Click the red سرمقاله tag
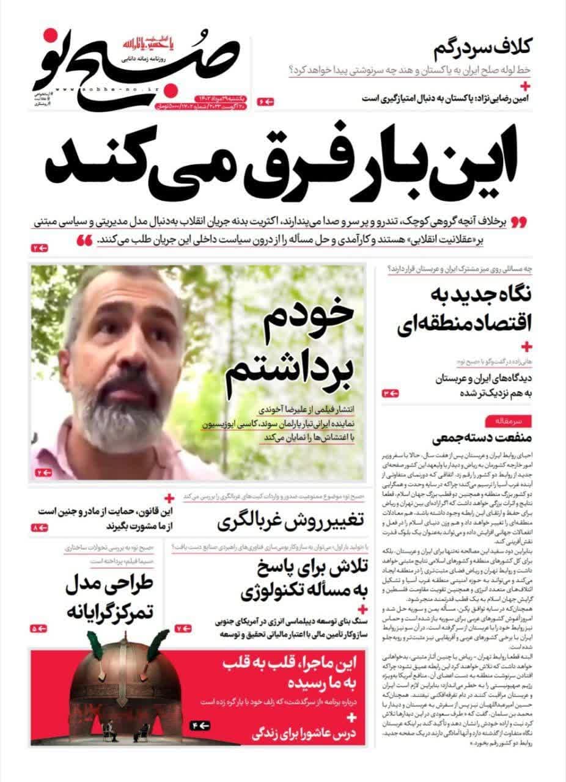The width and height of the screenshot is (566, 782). [501, 422]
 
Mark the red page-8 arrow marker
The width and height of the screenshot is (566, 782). [39, 527]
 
